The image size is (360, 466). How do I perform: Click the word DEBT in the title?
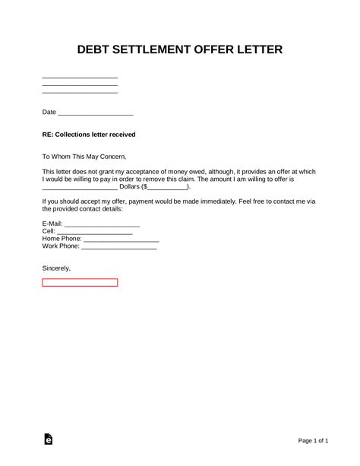pos(96,50)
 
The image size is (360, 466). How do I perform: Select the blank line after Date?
pos(96,113)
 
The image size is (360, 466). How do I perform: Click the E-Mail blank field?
pos(102,224)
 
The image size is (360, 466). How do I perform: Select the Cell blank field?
pos(95,231)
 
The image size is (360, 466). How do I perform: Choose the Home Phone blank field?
pos(122,239)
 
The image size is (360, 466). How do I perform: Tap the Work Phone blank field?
pos(118,246)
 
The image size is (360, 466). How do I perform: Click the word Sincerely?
pos(56,268)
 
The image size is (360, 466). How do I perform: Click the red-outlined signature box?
pos(80,283)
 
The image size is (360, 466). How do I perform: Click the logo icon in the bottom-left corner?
pos(49,439)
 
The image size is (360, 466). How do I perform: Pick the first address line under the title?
pos(80,78)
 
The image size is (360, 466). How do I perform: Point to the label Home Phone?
pos(62,239)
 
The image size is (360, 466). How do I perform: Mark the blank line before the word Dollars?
pos(80,187)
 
